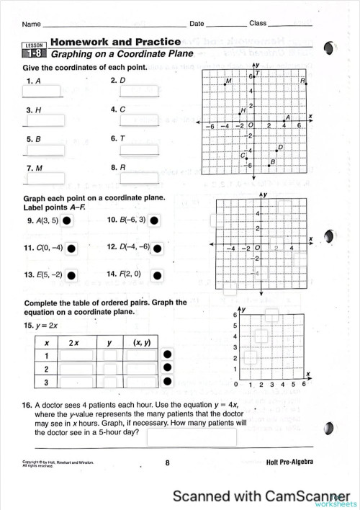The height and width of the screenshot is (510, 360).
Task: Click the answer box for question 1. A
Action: [x=42, y=91]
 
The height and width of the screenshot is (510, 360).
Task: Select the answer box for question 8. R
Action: [x=139, y=177]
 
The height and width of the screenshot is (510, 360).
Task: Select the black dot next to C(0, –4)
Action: [x=71, y=249]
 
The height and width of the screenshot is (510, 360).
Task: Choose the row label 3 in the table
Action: [x=47, y=382]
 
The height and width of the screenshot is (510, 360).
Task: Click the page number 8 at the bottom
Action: [x=167, y=464]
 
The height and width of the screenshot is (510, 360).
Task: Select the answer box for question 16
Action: [x=192, y=437]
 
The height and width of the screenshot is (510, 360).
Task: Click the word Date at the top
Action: [x=197, y=24]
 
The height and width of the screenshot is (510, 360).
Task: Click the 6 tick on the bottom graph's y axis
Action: [x=235, y=316]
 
